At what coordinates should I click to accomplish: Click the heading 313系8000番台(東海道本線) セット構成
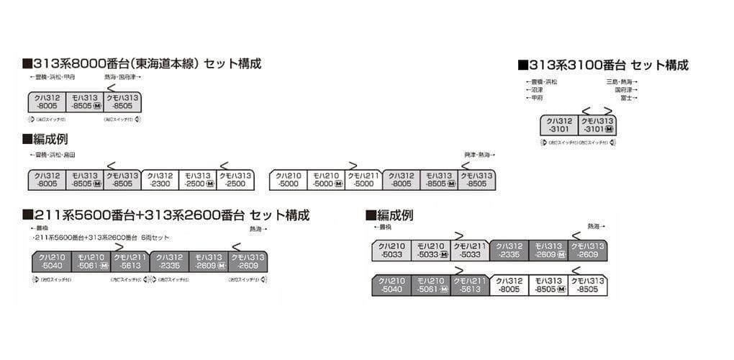click(x=142, y=63)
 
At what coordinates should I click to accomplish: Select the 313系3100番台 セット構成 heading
click(x=603, y=66)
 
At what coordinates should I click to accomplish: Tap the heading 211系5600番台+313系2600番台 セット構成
click(x=166, y=215)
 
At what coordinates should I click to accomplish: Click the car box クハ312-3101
click(x=560, y=125)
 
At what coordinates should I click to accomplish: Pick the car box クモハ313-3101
click(x=597, y=125)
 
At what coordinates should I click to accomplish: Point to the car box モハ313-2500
click(x=198, y=180)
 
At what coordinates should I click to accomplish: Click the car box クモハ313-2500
click(x=235, y=180)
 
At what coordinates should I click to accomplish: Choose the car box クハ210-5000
click(x=288, y=180)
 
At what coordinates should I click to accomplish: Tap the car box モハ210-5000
click(x=326, y=180)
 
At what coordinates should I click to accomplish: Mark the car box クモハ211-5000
click(x=363, y=180)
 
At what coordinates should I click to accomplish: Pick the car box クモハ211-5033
click(x=470, y=250)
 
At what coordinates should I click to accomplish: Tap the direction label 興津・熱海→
click(x=480, y=155)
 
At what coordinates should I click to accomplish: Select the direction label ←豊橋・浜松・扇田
click(x=53, y=155)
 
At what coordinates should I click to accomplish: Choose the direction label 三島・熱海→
click(x=621, y=83)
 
